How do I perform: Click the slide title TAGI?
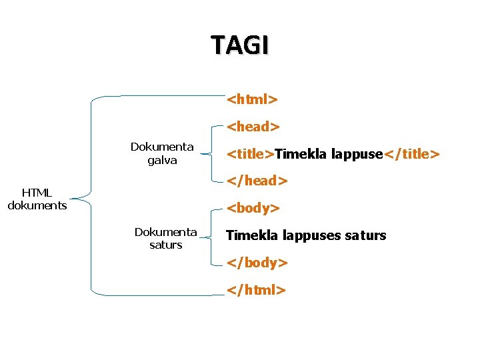(240, 45)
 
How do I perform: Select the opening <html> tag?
(252, 99)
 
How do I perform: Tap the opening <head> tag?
(253, 126)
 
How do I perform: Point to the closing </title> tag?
(411, 155)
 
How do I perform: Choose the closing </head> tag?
(257, 181)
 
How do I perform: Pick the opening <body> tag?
(253, 208)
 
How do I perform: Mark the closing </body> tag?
(257, 263)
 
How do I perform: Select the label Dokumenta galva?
(162, 153)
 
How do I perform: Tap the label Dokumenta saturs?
(165, 238)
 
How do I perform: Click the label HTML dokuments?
(37, 199)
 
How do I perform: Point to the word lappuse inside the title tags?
(357, 155)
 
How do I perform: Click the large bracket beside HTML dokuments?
(91, 197)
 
